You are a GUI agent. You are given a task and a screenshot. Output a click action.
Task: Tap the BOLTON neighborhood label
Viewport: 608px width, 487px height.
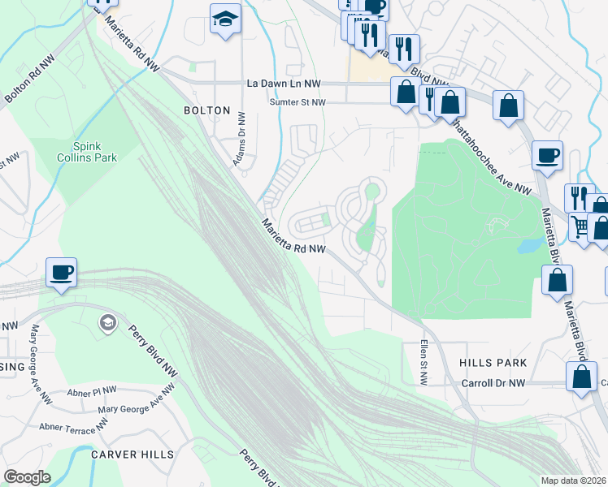207,110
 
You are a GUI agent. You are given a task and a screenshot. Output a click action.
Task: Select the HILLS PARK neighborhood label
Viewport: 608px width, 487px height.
493,363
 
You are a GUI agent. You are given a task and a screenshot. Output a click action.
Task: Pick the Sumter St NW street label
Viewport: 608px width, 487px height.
297,102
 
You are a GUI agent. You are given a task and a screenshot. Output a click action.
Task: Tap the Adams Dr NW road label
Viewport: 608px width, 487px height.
241,140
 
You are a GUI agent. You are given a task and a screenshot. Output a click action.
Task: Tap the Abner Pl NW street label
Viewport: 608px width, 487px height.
93,390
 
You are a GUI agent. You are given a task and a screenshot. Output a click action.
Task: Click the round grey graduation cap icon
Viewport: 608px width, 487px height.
106,324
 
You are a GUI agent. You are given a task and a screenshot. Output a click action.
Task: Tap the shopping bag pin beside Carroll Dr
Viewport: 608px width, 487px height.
581,377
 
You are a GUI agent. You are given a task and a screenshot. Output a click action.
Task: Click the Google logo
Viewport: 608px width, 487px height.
27,476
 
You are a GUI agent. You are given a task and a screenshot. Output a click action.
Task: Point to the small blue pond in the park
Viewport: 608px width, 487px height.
529,244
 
